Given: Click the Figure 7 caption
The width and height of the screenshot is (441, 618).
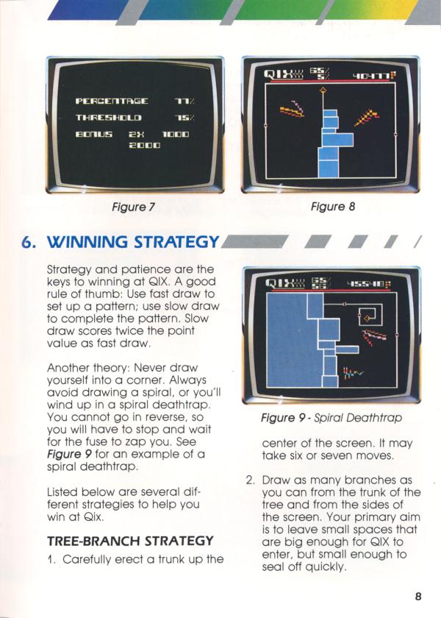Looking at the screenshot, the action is point(134,207).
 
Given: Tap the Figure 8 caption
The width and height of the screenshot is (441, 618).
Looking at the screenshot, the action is point(333,206).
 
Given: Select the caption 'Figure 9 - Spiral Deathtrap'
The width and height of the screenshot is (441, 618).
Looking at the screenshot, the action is point(331,417).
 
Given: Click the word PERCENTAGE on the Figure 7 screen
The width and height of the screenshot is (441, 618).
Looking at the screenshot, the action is point(112,102).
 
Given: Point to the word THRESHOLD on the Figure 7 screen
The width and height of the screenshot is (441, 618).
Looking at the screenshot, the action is point(108,118).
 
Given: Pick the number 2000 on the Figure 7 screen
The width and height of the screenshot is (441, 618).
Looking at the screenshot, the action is point(145,145).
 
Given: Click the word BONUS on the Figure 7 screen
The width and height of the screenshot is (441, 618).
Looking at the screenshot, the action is point(94,134).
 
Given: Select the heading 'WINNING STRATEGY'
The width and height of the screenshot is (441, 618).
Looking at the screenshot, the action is point(133,241).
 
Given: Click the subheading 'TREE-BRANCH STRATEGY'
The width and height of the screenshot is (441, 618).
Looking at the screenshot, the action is point(130,541).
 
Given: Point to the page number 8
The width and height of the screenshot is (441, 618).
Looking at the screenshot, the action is point(418,596).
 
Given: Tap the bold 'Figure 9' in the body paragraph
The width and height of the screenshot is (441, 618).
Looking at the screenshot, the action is point(69,454).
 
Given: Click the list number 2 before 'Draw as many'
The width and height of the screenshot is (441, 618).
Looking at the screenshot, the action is point(250,480).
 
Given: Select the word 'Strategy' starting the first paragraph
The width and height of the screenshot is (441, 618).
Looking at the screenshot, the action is point(70,270).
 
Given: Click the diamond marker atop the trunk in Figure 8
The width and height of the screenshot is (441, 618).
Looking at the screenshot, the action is point(323,90).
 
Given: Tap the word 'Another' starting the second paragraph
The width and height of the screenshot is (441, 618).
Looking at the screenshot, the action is point(65,368).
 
